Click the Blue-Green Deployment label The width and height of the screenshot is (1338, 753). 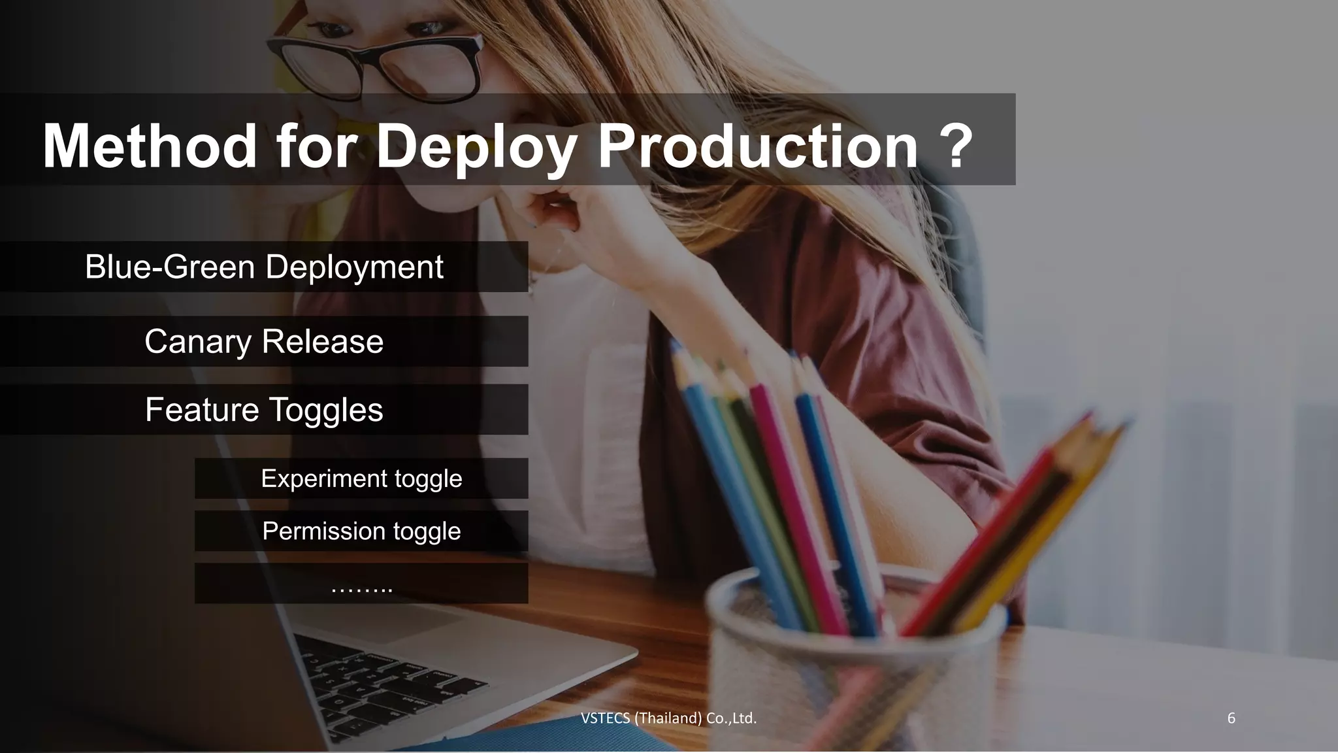264,267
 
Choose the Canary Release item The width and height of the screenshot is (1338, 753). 264,341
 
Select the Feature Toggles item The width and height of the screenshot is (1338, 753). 264,410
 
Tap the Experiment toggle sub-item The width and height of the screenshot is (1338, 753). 361,478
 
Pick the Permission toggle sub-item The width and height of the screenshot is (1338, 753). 361,531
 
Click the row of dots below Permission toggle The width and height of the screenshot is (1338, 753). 361,587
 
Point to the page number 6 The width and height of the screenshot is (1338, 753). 1231,718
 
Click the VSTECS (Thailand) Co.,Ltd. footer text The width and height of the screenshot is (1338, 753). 668,718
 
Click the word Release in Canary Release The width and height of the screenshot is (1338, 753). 323,341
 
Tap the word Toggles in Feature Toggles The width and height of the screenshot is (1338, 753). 325,410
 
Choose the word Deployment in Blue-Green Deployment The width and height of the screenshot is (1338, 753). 354,267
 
